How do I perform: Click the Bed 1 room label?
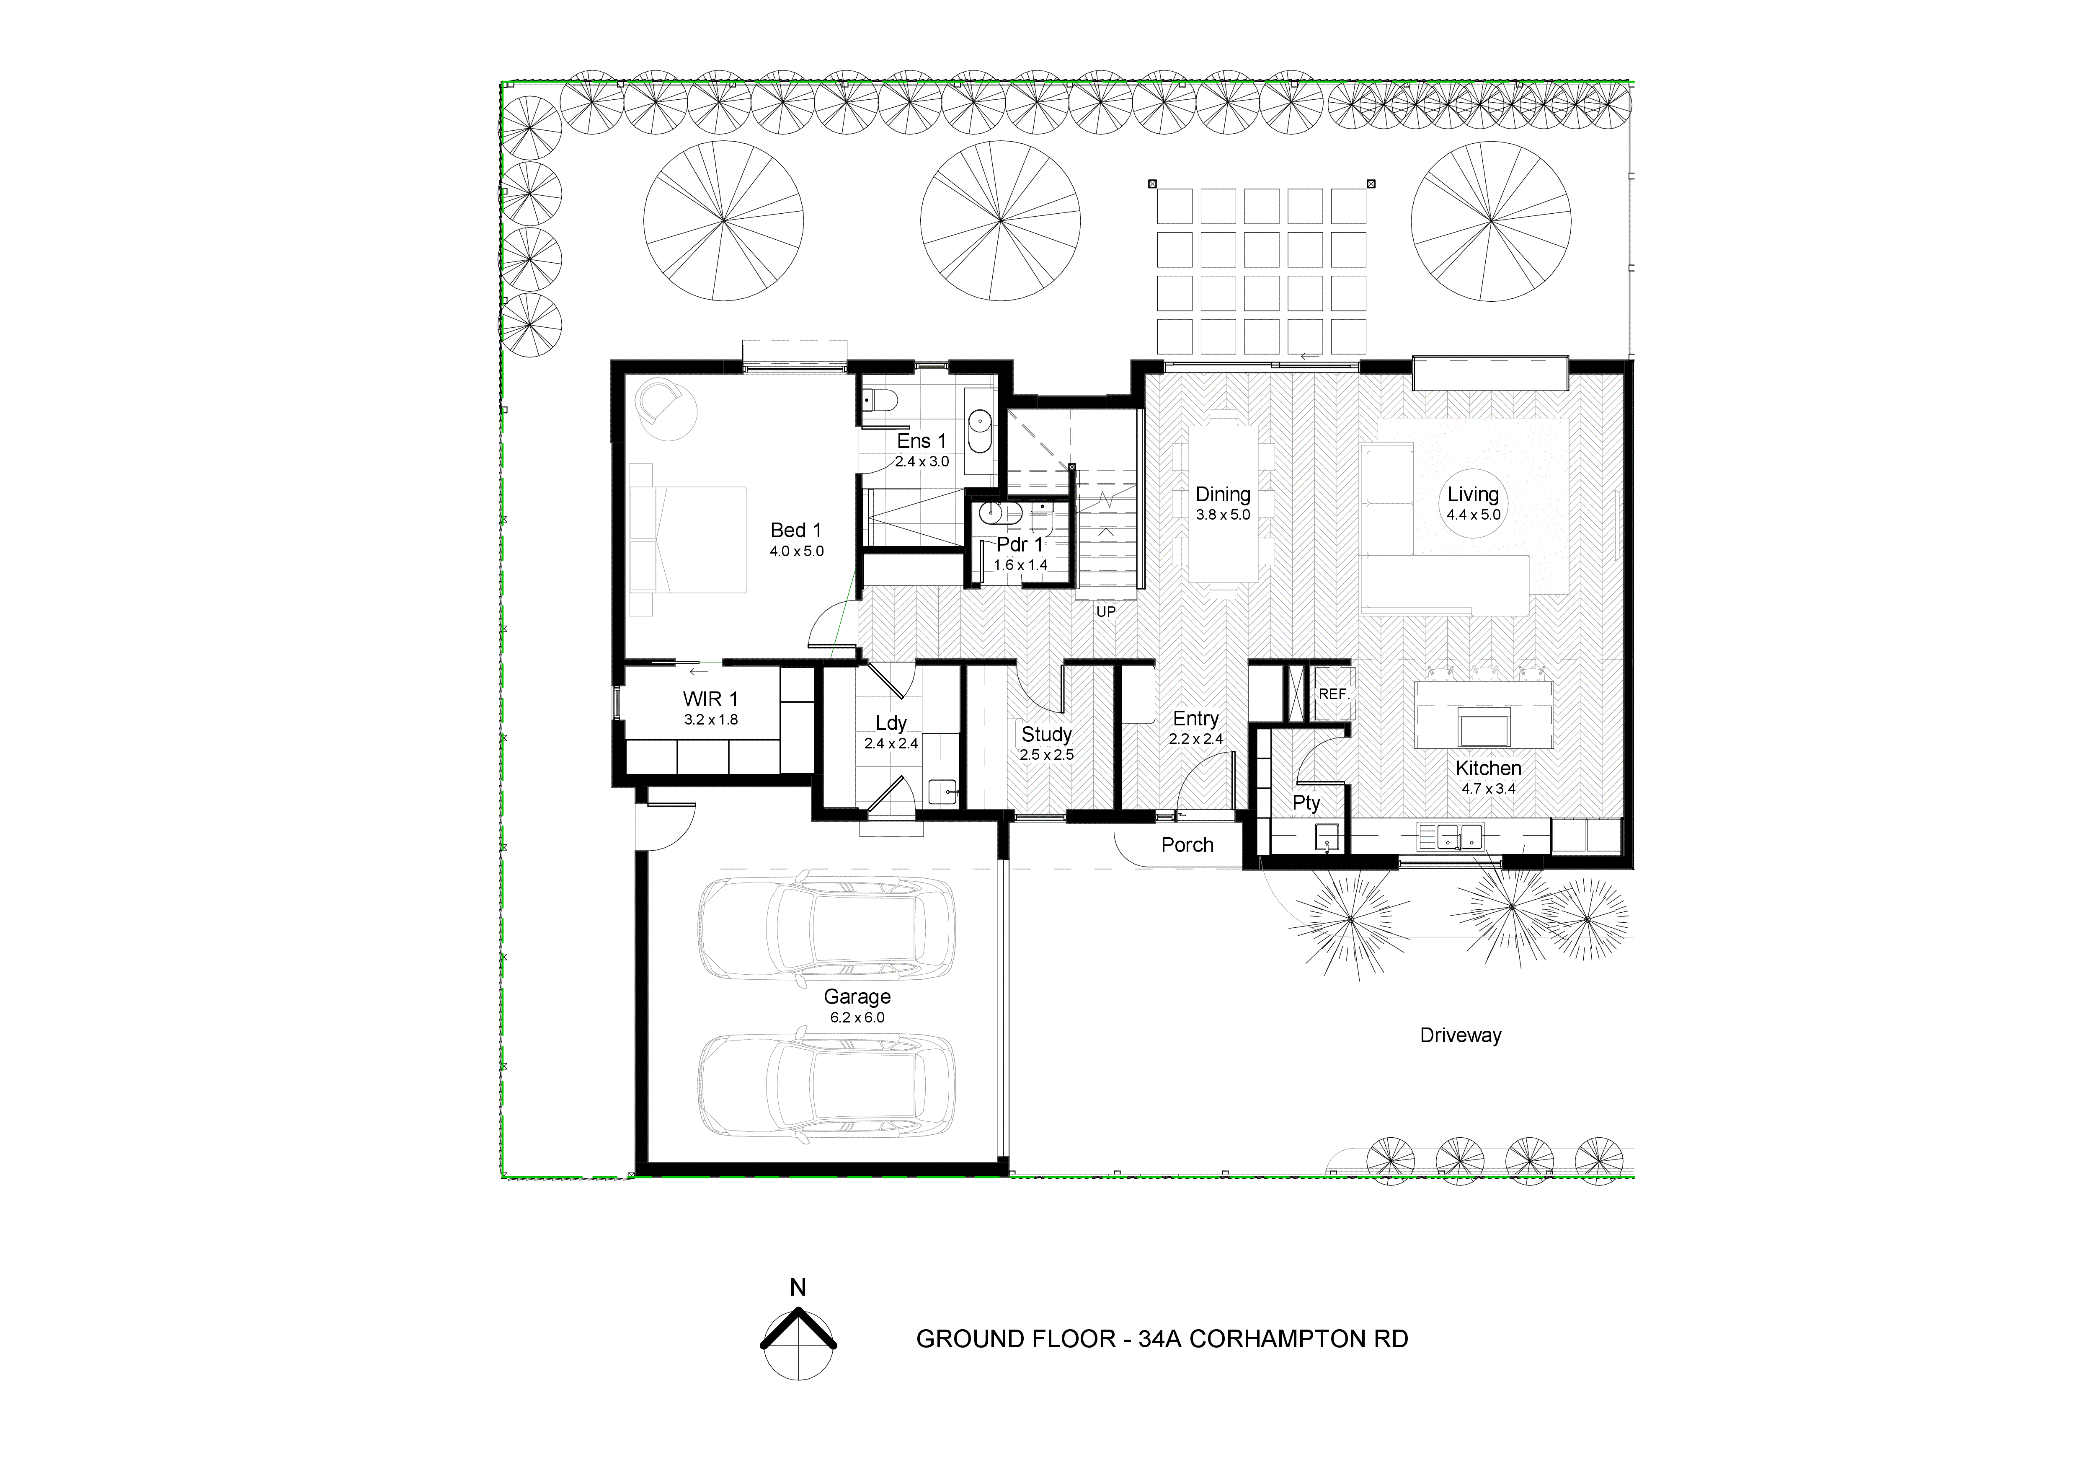coord(795,531)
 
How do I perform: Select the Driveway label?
coord(1460,1035)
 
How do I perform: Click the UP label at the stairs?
coord(1105,612)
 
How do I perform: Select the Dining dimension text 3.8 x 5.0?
coord(1223,515)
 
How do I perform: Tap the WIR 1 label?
coord(710,699)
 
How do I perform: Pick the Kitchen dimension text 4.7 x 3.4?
coord(1488,788)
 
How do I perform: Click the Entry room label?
coord(1195,719)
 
